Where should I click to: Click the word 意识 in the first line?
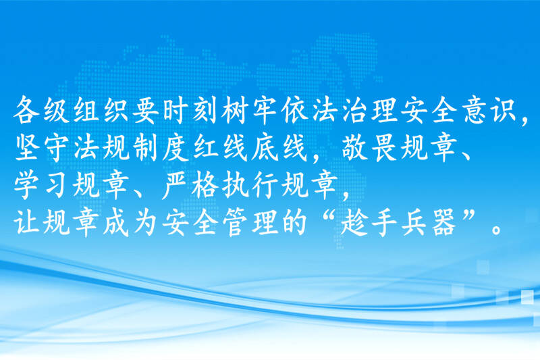(490, 110)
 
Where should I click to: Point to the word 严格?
(190, 186)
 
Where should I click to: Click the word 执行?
(249, 186)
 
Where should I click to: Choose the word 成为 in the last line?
(130, 224)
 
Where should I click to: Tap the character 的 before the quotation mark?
(294, 224)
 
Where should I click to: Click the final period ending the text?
(496, 230)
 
